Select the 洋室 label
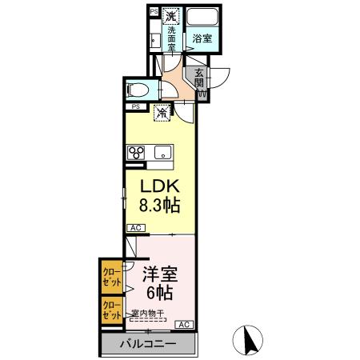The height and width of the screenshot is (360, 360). pos(160,274)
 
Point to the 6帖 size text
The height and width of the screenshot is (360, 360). pos(159,292)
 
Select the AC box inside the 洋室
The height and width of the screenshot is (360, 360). pos(183,324)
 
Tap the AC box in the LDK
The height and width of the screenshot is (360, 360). pos(135,229)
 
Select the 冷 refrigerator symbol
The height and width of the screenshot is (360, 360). pos(162,114)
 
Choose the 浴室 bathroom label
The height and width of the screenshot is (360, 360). pos(202,38)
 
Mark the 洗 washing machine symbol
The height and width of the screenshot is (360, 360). pos(171,16)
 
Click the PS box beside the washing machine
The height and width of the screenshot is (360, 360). pos(154,12)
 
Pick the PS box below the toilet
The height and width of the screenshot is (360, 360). pos(136,106)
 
